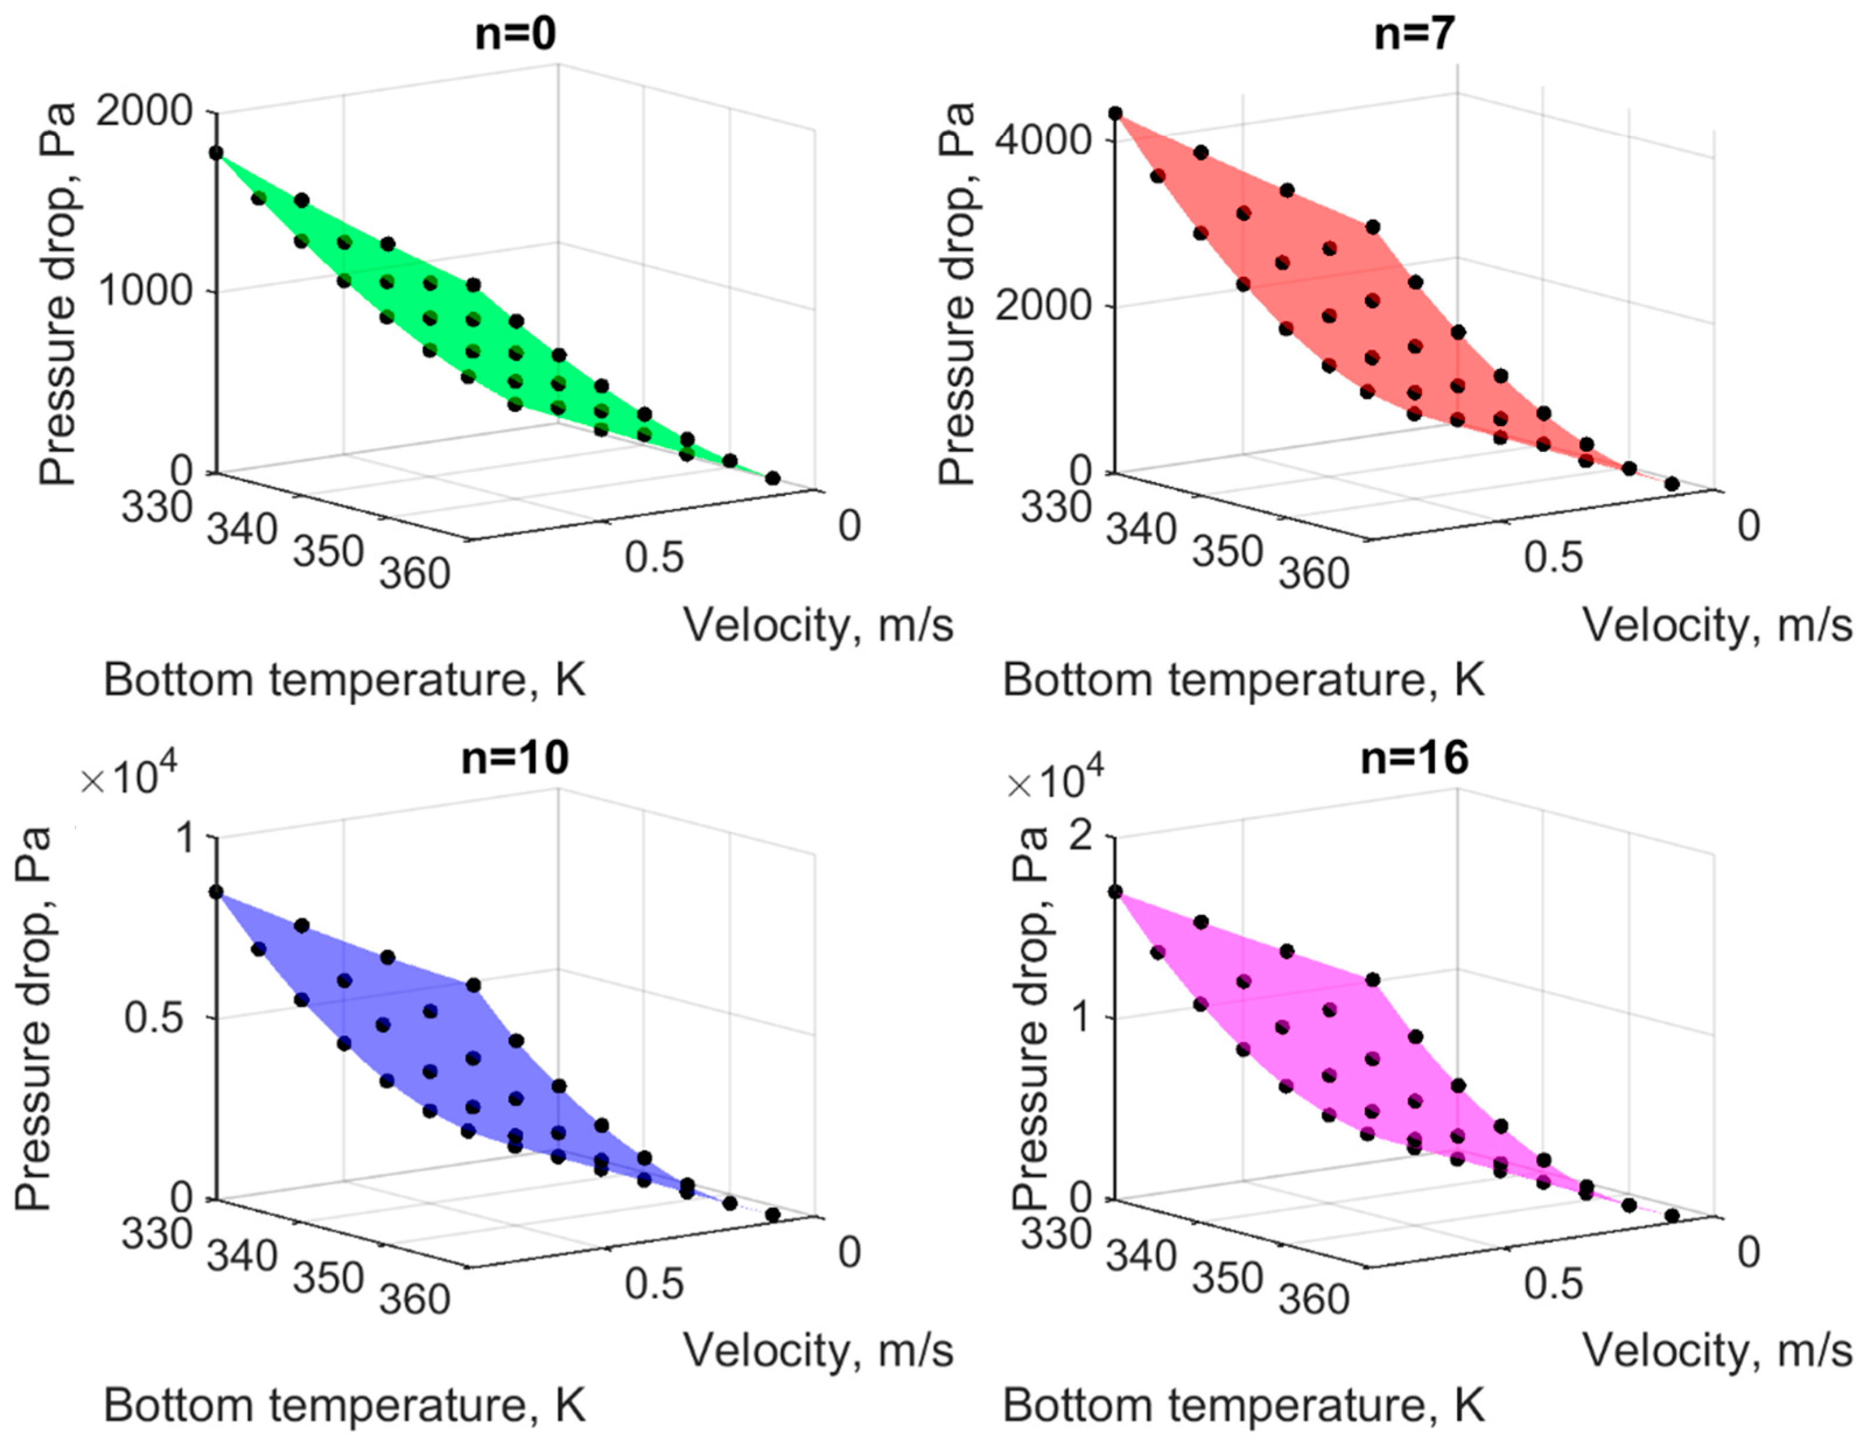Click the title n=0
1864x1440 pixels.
tap(515, 35)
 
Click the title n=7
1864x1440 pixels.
tap(1414, 35)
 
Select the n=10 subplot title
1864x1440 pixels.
tap(515, 757)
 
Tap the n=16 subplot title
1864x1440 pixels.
tap(1414, 757)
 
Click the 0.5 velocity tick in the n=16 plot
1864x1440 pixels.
tap(1553, 1283)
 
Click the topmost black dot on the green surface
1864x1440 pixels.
tap(217, 153)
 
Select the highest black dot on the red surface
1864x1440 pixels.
tap(1115, 113)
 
